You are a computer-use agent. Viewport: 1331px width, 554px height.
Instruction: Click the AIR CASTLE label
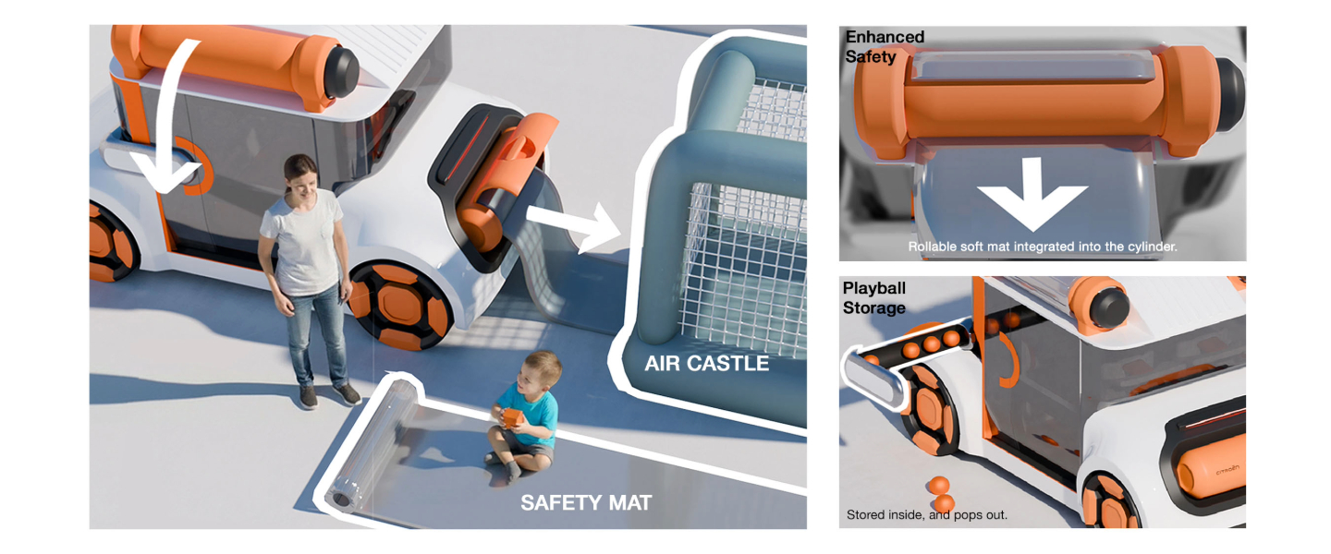[x=706, y=364]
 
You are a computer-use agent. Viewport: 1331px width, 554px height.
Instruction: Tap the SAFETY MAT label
[x=586, y=503]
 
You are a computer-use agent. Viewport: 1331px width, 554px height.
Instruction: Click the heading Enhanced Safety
[x=885, y=46]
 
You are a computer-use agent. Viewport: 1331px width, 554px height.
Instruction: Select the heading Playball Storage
[x=874, y=297]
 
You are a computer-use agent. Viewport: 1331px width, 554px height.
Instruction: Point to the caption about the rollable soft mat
[x=1043, y=247]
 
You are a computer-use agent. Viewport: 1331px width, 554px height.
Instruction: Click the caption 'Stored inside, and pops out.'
[x=926, y=515]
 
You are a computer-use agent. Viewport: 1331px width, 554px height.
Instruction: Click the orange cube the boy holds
[x=512, y=418]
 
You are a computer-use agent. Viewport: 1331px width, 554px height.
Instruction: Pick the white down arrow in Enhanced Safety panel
[x=1032, y=194]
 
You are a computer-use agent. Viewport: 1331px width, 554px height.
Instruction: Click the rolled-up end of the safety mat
[x=342, y=498]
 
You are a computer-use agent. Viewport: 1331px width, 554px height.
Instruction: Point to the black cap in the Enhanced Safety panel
[x=1228, y=95]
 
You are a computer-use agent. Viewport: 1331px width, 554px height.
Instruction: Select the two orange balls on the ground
[x=940, y=493]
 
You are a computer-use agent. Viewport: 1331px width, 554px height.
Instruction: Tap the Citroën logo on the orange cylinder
[x=1227, y=470]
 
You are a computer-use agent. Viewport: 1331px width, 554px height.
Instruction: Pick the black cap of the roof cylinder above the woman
[x=341, y=73]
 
